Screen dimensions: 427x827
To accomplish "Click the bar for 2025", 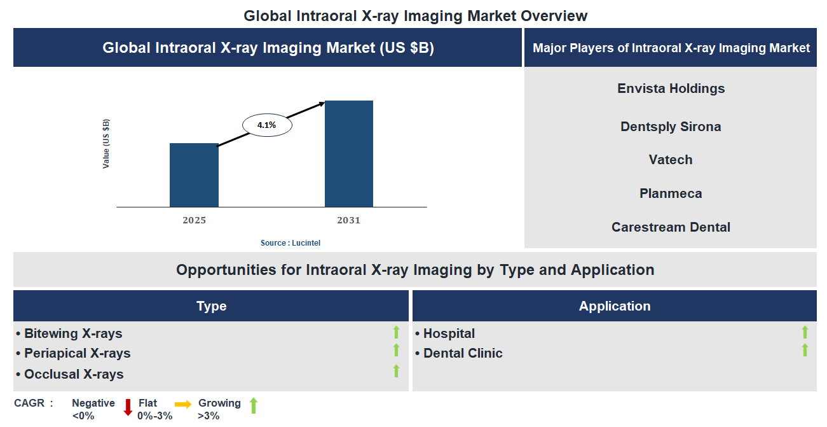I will [194, 175].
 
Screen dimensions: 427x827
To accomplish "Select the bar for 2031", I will [348, 153].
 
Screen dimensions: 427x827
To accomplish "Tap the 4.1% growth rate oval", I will [267, 125].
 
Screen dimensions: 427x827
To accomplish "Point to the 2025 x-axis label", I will [194, 221].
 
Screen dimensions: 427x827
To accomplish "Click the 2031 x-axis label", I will [348, 221].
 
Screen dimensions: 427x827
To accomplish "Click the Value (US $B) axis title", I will [106, 144].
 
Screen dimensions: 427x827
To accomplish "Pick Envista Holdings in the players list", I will [671, 88].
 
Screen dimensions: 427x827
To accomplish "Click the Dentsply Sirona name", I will [671, 127].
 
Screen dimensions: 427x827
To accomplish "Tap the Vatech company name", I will [671, 160].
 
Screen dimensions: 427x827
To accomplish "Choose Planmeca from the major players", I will [671, 193].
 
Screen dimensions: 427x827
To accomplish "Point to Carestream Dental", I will [671, 227].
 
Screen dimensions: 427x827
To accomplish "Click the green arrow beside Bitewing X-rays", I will [396, 332].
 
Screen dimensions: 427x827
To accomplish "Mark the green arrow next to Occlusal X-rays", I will [396, 371].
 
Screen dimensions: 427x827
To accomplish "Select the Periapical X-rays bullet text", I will [77, 353].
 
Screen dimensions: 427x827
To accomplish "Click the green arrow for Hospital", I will [805, 332].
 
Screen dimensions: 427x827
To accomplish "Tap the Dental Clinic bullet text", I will [463, 353].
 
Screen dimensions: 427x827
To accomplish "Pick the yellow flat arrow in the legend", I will [183, 404].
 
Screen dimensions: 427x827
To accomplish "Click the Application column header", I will [614, 306].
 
